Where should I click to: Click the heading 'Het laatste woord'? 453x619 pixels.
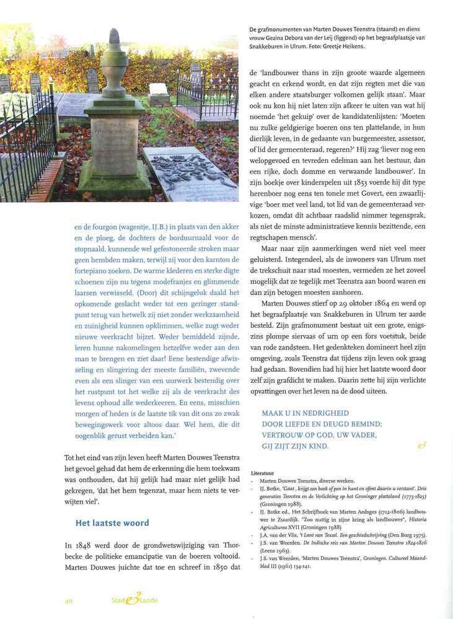tap(112, 523)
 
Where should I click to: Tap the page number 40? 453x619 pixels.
tap(69, 600)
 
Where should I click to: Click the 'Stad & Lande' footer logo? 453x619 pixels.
tap(130, 600)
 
